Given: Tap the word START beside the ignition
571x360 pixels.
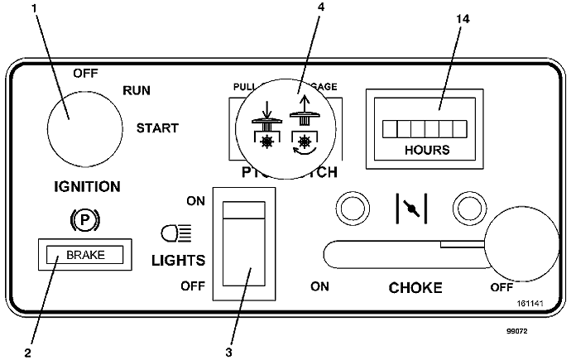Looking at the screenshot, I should coord(157,128).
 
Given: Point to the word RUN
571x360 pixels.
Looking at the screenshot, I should coord(137,90).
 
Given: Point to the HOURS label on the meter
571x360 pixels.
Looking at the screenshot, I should coord(427,150).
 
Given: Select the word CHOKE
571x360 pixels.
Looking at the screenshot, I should coord(416,288).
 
